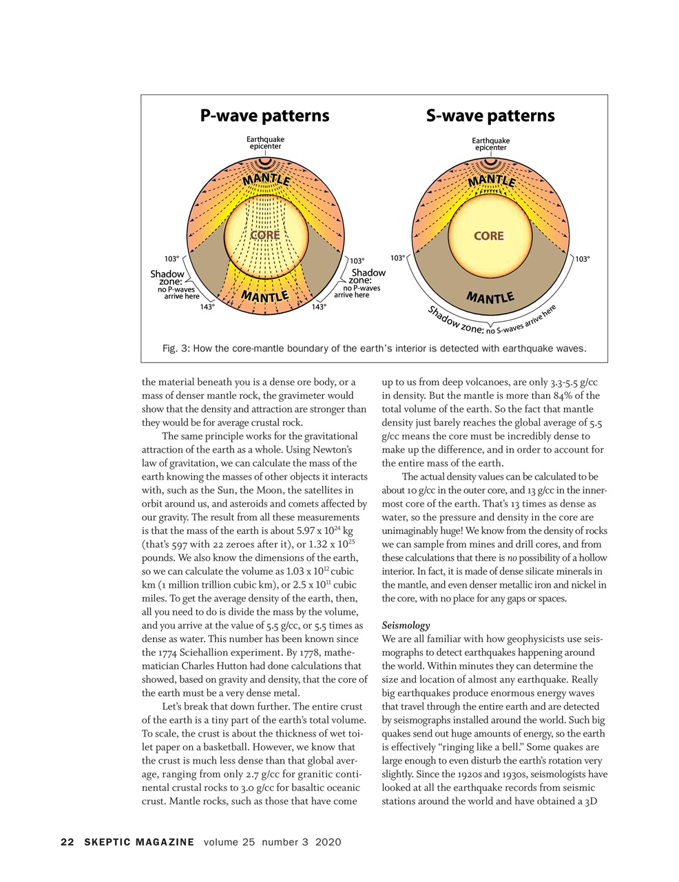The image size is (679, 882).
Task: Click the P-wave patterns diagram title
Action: [264, 115]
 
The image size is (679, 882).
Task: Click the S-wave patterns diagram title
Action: [490, 115]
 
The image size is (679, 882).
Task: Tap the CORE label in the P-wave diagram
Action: [264, 235]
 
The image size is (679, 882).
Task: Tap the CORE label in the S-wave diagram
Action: [488, 236]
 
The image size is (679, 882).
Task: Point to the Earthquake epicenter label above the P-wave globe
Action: [265, 143]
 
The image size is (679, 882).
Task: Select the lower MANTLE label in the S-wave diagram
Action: [490, 298]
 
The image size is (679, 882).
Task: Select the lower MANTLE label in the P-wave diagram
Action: [264, 297]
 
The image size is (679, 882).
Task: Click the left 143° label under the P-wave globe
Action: [207, 307]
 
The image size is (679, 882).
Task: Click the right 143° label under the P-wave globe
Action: [319, 307]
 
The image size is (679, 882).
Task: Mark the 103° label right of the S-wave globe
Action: [582, 259]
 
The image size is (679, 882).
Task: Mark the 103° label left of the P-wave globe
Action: [171, 258]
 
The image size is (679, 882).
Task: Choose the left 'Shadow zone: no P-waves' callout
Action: [172, 285]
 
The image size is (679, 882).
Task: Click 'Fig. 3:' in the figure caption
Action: [176, 349]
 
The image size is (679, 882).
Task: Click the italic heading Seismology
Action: [406, 626]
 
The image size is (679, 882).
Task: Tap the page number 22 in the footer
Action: [67, 842]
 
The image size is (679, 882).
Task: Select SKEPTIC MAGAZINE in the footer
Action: [139, 842]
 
